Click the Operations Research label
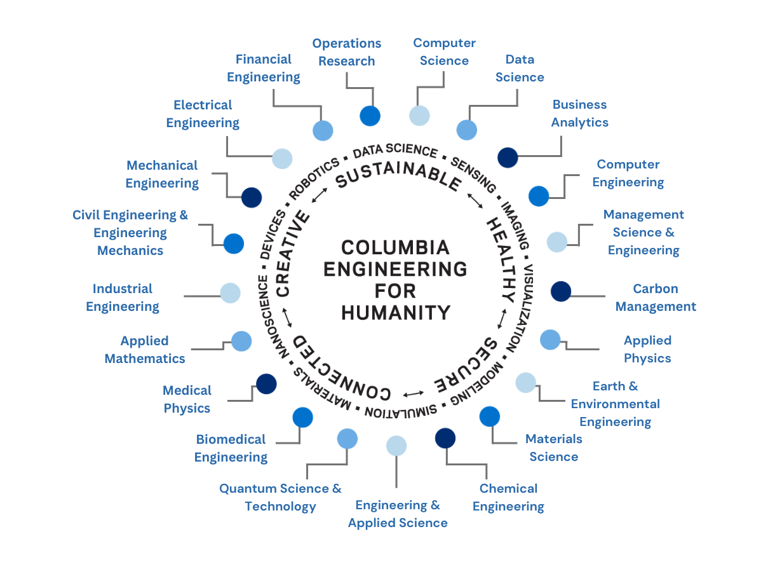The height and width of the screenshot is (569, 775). pyautogui.click(x=346, y=52)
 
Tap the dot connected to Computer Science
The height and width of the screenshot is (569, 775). pyautogui.click(x=419, y=116)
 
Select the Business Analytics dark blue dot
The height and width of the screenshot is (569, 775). pyautogui.click(x=508, y=157)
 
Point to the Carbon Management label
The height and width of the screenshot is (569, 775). pyautogui.click(x=656, y=298)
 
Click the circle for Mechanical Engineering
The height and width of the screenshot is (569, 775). pyautogui.click(x=252, y=197)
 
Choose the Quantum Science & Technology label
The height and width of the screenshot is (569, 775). pyautogui.click(x=280, y=497)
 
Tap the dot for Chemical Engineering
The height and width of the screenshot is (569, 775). pyautogui.click(x=445, y=438)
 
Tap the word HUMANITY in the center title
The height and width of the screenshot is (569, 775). pyautogui.click(x=396, y=313)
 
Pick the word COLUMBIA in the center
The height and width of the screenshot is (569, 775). pyautogui.click(x=395, y=247)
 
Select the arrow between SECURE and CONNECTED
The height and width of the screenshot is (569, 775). pyautogui.click(x=414, y=392)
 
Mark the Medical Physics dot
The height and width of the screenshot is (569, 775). pyautogui.click(x=266, y=383)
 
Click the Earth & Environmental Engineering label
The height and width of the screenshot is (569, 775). pyautogui.click(x=615, y=404)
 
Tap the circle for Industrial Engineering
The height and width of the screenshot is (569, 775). pyautogui.click(x=230, y=293)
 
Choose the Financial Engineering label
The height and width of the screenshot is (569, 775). pyautogui.click(x=264, y=68)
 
